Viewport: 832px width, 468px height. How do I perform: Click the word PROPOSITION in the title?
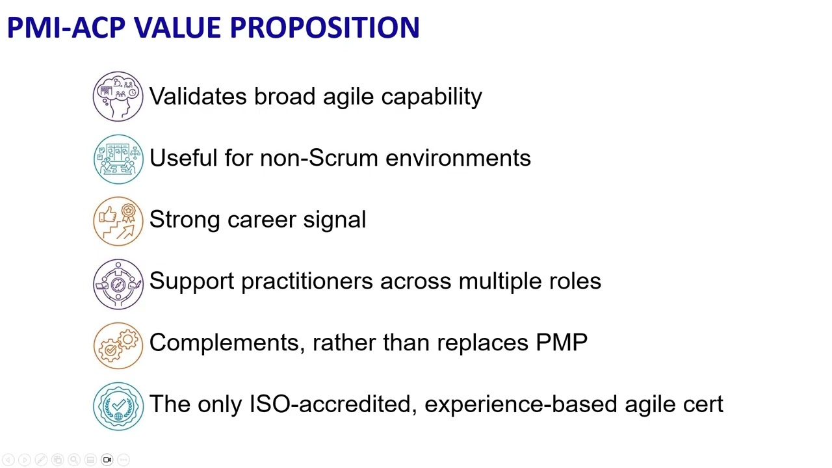tap(324, 28)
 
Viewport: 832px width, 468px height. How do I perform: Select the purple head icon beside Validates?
tap(118, 97)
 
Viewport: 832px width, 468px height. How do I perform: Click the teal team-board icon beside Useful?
tap(118, 159)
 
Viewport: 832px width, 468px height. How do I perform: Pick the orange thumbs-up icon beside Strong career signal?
tap(118, 220)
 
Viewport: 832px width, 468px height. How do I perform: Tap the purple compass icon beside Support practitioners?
tap(118, 283)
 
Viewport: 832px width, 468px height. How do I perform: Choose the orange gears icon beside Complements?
tap(118, 344)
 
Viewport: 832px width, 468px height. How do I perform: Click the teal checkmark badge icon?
tap(118, 406)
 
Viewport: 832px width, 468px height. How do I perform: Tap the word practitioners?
tap(307, 281)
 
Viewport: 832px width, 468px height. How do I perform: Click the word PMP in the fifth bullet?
tap(562, 343)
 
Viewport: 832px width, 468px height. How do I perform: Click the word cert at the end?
tap(703, 404)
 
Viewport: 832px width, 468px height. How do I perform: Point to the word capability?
tap(431, 97)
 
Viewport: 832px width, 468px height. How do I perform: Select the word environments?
tap(458, 158)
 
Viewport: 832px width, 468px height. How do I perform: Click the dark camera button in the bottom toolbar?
tap(107, 460)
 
